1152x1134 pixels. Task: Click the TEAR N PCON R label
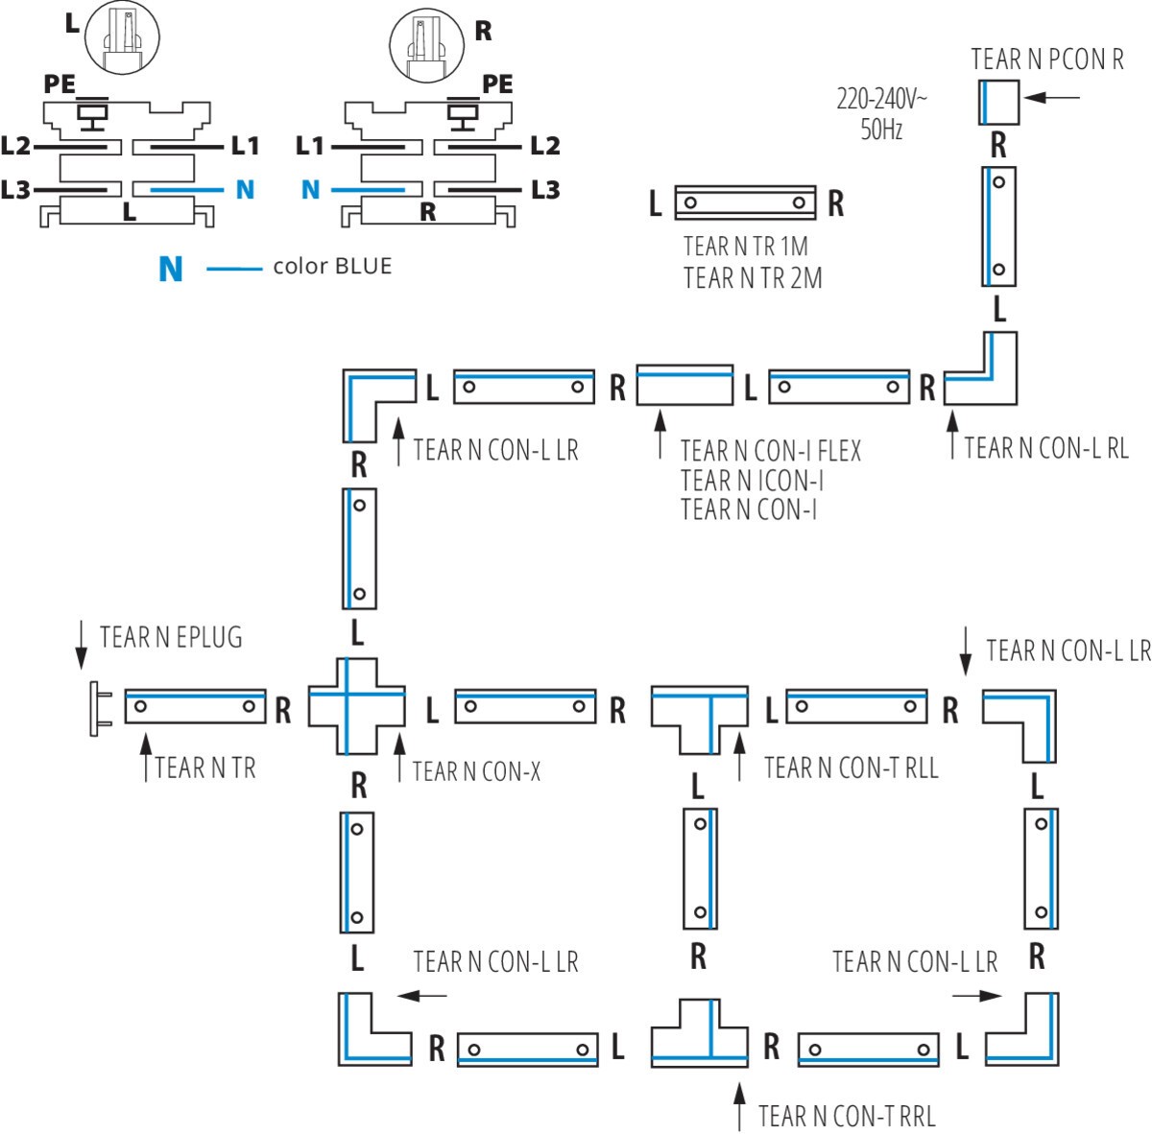point(1046,59)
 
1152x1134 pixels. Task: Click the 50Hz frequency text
point(881,130)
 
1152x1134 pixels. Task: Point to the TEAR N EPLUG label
point(171,637)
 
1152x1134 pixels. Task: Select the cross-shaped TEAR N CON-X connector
point(356,706)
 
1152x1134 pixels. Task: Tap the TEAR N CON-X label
point(476,770)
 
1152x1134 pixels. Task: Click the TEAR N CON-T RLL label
point(851,768)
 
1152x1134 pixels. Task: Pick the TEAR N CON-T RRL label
point(846,1116)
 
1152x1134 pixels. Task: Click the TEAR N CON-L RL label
point(1046,447)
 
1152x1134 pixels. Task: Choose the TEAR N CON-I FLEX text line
point(771,450)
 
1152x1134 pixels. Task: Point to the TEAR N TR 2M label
point(753,278)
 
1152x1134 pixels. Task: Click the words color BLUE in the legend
point(332,267)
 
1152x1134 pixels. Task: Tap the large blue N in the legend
point(171,269)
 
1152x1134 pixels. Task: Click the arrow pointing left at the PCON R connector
point(1052,97)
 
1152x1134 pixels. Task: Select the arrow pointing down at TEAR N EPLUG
point(82,644)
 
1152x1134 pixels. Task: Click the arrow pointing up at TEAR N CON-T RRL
point(738,1105)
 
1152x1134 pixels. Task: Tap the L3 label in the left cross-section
point(16,190)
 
